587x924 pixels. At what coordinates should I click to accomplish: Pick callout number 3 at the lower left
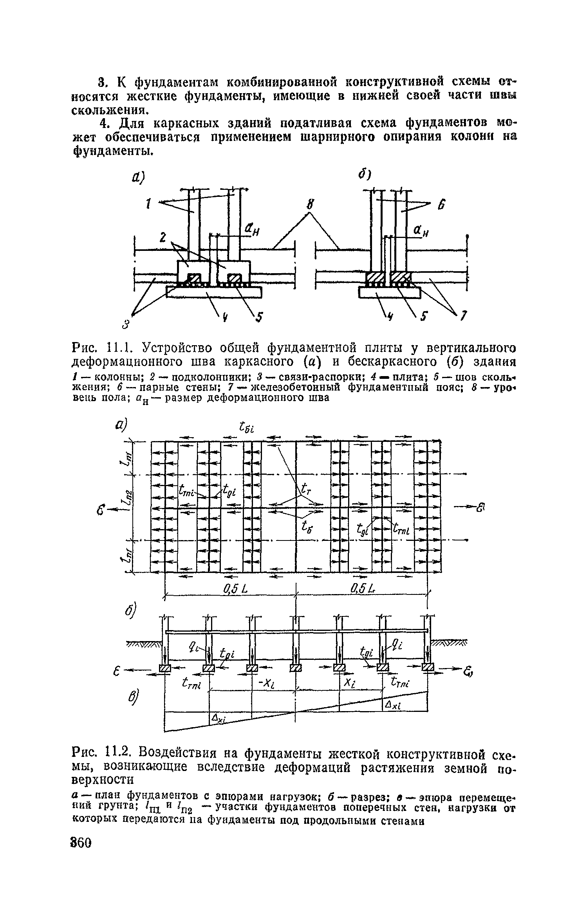[126, 324]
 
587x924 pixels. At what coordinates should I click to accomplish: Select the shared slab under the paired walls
[389, 292]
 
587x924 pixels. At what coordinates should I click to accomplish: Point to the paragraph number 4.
[103, 124]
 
